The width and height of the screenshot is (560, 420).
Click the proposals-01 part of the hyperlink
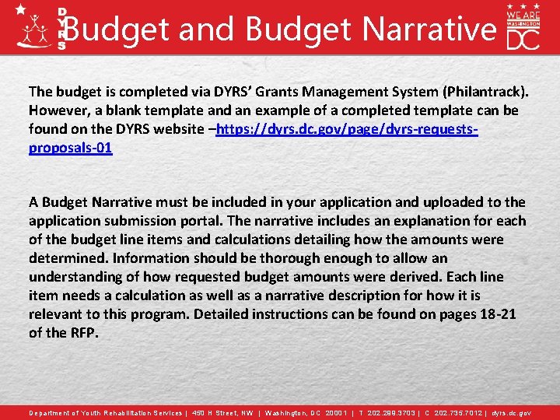click(71, 148)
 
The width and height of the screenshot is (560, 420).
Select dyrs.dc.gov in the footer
click(512, 413)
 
